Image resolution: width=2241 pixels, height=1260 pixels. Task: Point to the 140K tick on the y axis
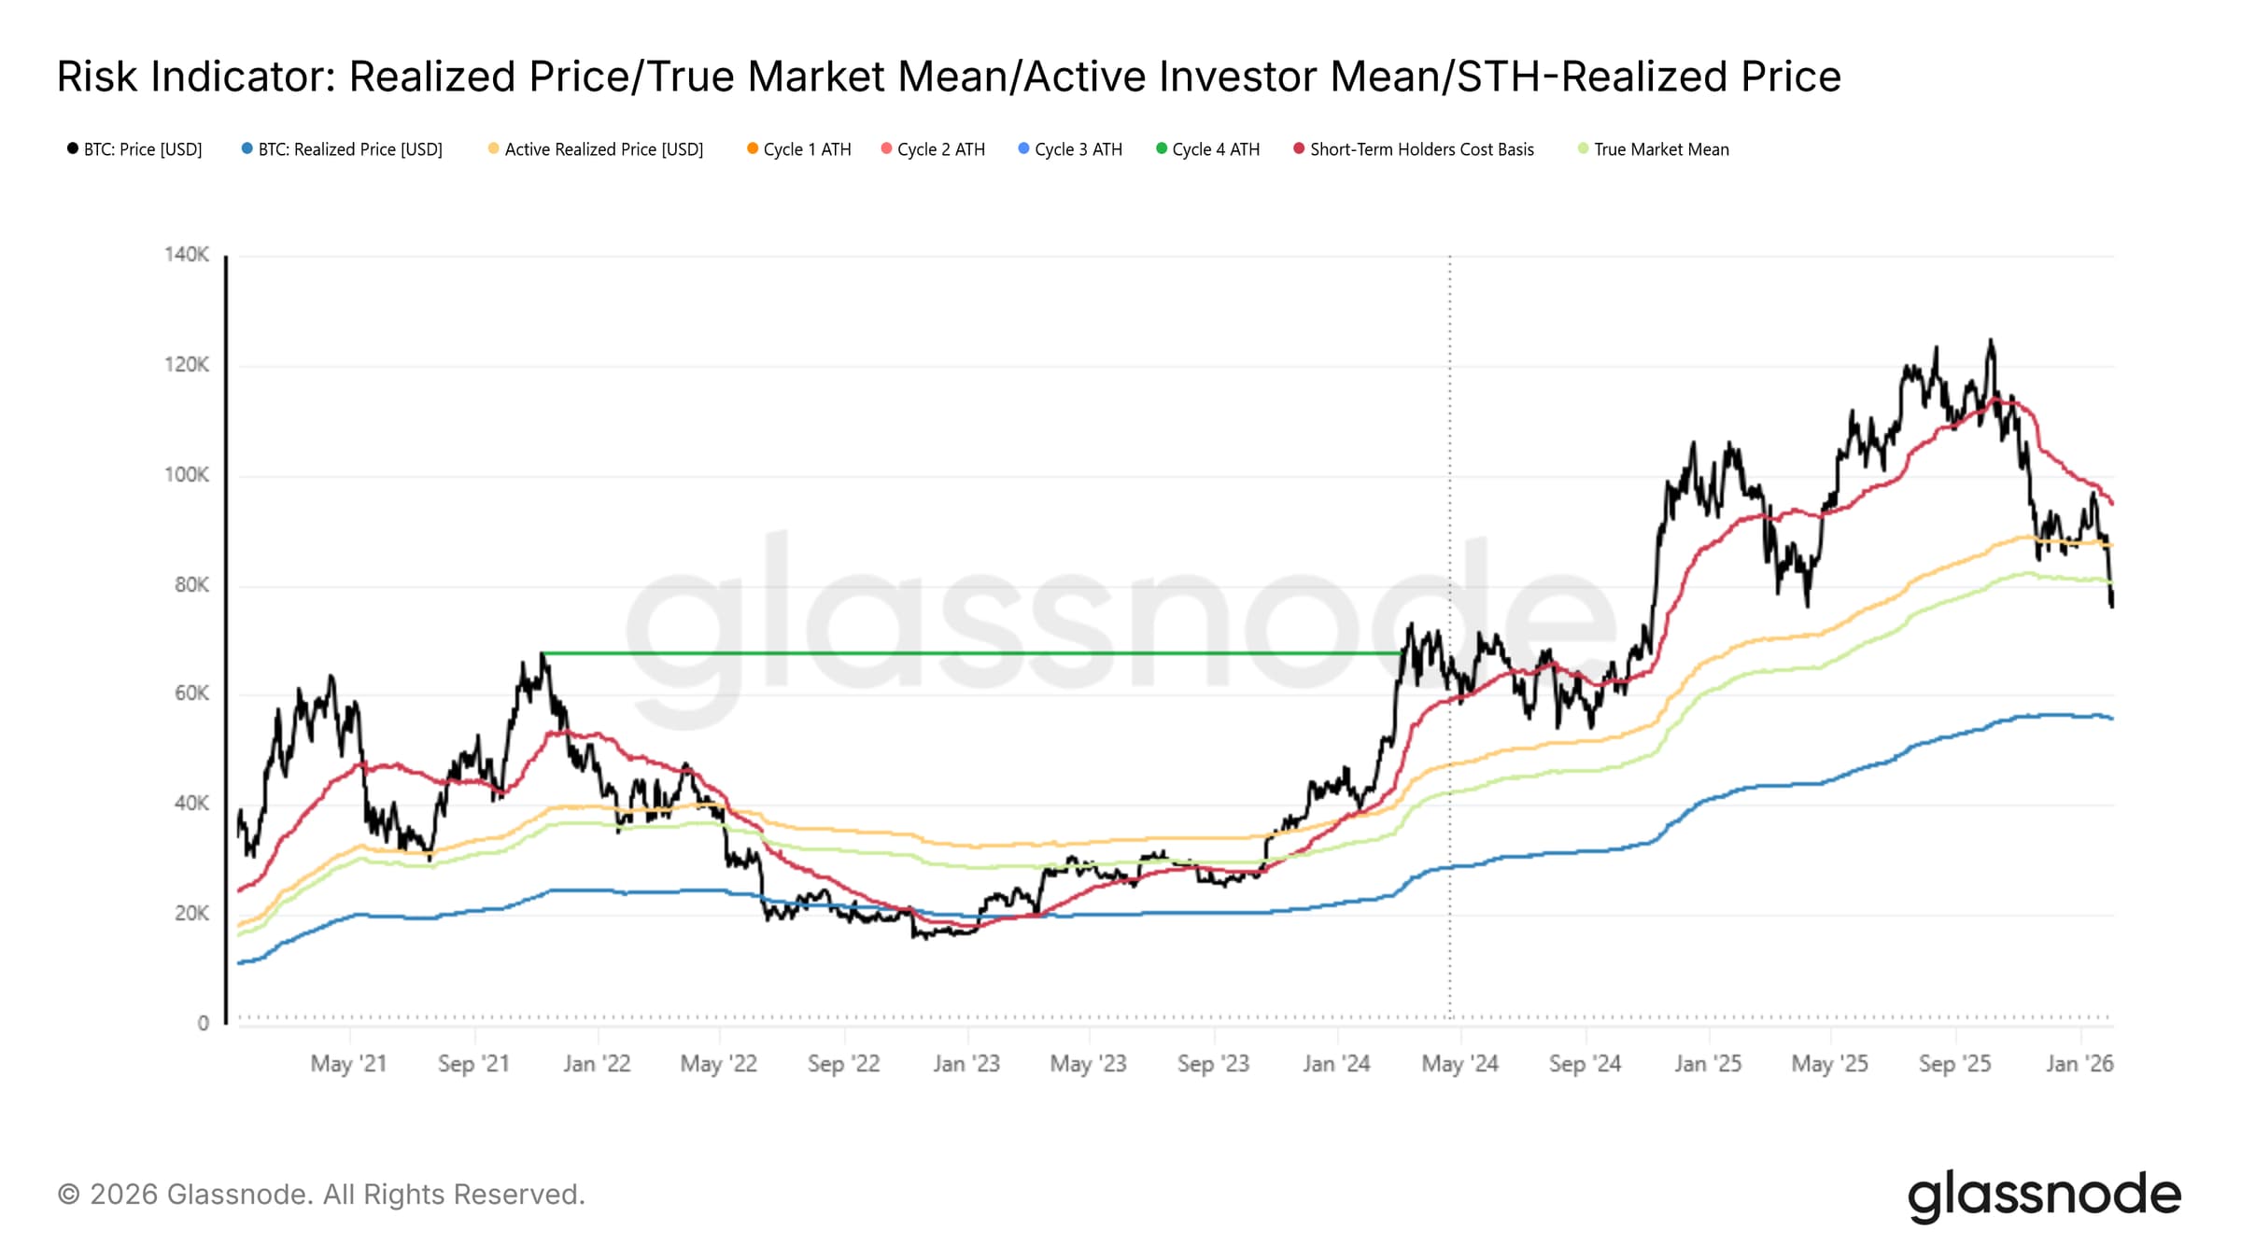click(187, 255)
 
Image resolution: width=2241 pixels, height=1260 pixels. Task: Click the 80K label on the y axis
click(191, 585)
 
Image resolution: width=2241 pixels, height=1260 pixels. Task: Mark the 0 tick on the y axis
click(204, 1024)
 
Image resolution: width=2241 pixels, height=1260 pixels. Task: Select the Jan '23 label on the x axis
click(966, 1064)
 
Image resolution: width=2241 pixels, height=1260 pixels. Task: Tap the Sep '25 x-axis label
click(1954, 1064)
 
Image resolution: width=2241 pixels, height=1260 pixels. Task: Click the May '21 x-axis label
click(348, 1064)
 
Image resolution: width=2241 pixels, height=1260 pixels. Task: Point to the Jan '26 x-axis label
click(2079, 1064)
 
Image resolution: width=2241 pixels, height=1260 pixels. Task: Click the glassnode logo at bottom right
click(2044, 1197)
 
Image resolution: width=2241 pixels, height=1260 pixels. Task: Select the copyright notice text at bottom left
click(321, 1195)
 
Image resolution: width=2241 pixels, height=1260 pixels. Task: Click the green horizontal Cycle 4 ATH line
click(971, 653)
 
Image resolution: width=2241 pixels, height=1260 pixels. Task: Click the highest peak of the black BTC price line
click(1991, 342)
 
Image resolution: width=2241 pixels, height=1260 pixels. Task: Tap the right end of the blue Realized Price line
click(2111, 719)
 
